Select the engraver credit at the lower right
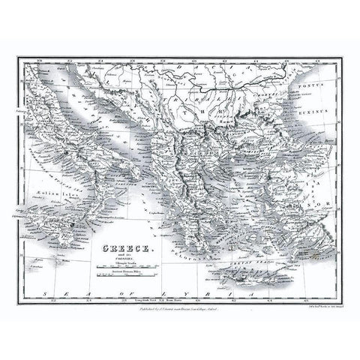[x=296, y=307]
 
